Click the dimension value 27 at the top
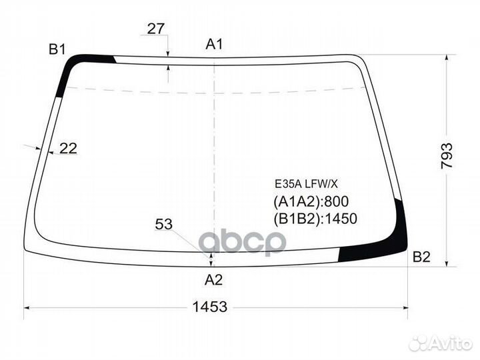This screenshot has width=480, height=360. tap(156, 29)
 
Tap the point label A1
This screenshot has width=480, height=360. tap(214, 45)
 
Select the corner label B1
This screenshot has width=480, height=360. tap(57, 49)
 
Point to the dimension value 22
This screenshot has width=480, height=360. tap(68, 149)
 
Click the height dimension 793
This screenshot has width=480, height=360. tap(447, 156)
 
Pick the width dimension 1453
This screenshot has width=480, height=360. tap(210, 307)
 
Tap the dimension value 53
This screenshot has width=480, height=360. tap(164, 224)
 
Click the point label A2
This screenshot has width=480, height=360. tap(213, 280)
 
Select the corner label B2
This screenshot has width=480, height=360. tap(421, 257)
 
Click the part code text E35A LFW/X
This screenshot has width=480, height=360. tap(306, 184)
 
